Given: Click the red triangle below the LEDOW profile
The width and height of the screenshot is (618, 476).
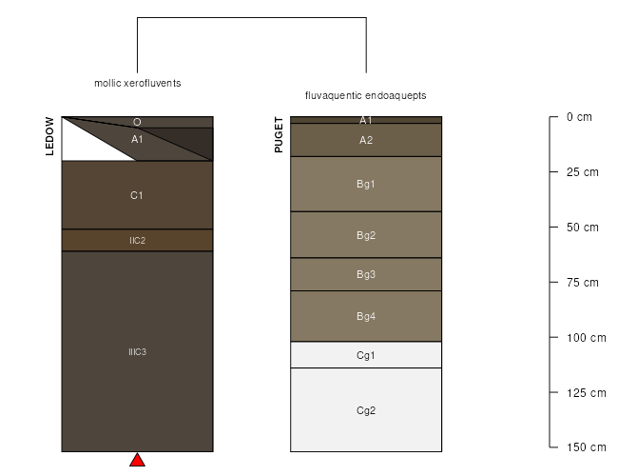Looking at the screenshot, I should click(137, 461).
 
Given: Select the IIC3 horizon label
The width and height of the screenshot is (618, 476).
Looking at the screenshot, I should click(137, 352).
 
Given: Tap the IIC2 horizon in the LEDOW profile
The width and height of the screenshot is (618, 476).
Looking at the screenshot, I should click(137, 241).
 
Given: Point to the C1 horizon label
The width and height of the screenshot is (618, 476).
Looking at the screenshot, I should click(137, 195).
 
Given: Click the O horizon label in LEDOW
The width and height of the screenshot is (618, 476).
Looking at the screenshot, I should click(137, 122).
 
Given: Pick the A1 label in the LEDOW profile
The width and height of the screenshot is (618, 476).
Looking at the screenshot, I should click(137, 139).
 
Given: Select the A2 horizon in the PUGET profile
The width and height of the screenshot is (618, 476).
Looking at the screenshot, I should click(366, 140).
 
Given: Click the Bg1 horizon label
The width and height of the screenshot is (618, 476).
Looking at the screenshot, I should click(366, 184).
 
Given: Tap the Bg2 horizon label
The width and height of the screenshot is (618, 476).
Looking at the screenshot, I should click(366, 235).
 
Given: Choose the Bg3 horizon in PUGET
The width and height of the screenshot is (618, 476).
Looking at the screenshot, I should click(366, 274).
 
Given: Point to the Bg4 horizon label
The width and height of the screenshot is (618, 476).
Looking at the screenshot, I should click(366, 316).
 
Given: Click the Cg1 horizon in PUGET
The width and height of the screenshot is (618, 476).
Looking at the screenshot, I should click(366, 355).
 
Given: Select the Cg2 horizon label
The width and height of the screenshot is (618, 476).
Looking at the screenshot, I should click(366, 410).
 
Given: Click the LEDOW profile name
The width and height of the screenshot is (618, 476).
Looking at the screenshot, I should click(50, 136).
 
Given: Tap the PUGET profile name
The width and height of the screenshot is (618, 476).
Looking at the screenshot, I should click(279, 135).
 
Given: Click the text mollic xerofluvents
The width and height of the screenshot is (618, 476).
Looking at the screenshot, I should click(138, 83).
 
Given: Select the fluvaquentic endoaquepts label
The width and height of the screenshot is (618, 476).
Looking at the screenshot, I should click(366, 96).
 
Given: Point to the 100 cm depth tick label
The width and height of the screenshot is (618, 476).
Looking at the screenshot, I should click(586, 338).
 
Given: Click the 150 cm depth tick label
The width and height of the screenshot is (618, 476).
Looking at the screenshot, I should click(586, 447).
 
